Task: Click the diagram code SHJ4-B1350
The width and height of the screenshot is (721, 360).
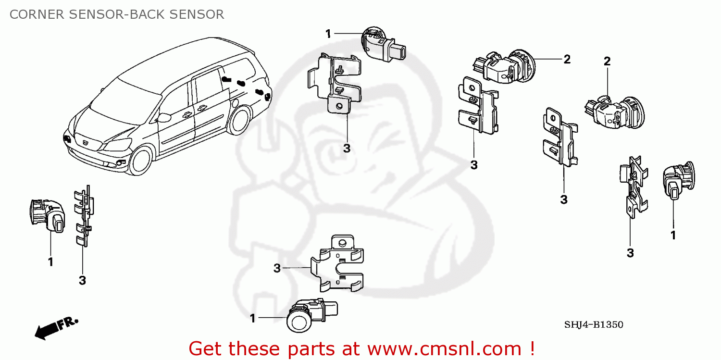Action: tap(594, 325)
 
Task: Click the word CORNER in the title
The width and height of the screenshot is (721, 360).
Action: tap(36, 14)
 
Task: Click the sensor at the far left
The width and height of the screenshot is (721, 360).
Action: tap(47, 215)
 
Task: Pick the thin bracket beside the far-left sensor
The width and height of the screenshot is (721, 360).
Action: tap(83, 216)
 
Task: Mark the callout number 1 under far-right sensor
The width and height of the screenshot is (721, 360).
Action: tap(673, 236)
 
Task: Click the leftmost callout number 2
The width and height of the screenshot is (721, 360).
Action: tap(567, 59)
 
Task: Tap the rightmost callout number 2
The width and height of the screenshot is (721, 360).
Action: tap(607, 61)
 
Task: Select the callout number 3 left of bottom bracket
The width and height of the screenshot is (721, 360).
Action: tap(277, 268)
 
